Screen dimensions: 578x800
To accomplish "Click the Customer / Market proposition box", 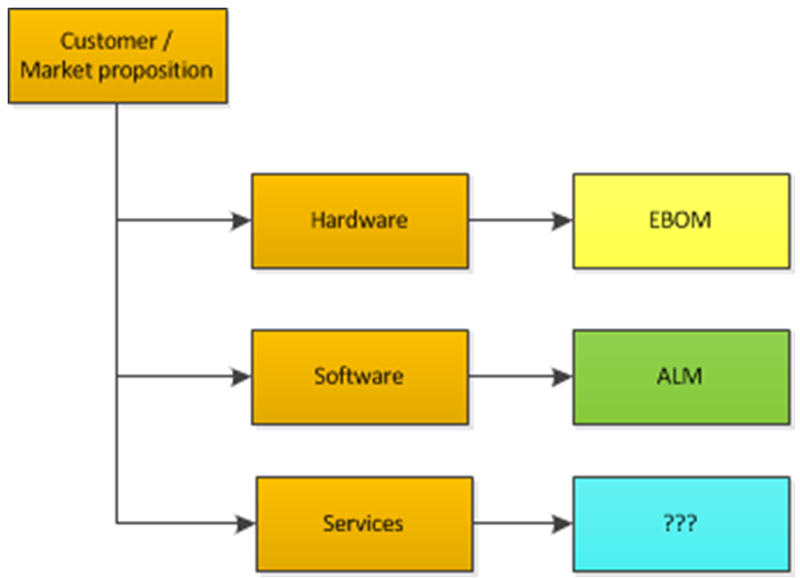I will (x=118, y=56).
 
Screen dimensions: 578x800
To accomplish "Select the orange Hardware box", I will (x=359, y=220).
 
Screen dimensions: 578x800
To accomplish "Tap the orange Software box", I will (x=359, y=377).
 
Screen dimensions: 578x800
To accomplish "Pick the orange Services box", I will (x=363, y=524).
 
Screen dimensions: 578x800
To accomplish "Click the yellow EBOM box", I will (x=680, y=220).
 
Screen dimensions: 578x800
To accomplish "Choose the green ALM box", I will (x=680, y=377).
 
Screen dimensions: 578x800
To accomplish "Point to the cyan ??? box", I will (x=680, y=524).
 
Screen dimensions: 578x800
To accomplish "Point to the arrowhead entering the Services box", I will (x=245, y=524).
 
